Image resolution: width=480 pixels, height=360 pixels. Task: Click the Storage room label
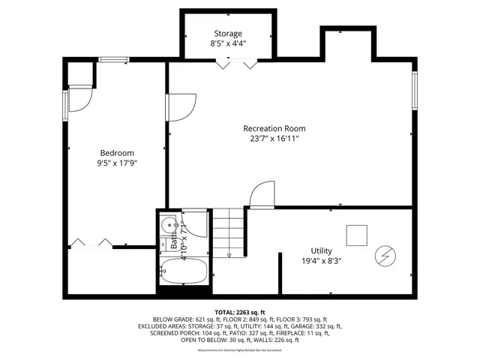[228, 34]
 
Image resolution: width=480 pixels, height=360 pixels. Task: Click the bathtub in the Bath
[184, 271]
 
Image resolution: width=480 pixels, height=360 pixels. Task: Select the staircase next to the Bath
[229, 233]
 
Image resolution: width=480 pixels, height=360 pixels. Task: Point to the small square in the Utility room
[357, 235]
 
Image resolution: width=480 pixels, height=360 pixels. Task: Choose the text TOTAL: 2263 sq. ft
[239, 311]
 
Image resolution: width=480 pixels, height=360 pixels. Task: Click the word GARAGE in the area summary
[314, 326]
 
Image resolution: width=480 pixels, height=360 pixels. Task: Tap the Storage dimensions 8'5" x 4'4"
[228, 44]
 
